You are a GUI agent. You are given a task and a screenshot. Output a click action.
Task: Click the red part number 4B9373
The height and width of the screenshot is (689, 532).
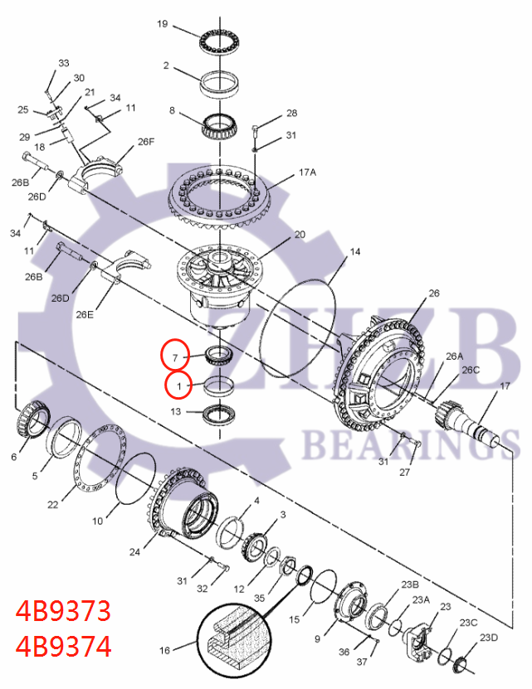(63, 611)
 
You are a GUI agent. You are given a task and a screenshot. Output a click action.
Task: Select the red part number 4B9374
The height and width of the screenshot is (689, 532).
(63, 645)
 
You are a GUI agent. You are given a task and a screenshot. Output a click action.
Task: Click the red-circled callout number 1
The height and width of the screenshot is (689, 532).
(178, 386)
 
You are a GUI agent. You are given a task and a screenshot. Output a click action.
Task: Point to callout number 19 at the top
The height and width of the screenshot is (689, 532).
(163, 24)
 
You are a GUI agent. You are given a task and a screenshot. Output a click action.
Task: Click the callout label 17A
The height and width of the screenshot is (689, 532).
(307, 173)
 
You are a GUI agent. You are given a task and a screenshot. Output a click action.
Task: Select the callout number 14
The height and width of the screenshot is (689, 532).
(354, 251)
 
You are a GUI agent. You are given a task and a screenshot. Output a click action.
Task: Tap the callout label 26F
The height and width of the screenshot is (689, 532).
(146, 142)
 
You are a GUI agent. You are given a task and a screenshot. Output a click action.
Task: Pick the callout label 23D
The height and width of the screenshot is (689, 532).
(490, 637)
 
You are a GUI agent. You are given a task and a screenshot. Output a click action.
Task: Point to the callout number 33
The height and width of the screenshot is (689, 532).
(64, 63)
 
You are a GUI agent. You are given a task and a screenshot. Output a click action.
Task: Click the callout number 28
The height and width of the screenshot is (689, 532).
(291, 113)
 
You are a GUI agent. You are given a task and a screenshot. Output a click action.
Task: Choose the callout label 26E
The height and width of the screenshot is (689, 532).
(85, 314)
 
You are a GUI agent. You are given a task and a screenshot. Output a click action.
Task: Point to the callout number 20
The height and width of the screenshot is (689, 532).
(300, 235)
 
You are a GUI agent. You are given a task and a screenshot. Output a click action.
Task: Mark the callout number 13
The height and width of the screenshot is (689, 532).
(175, 411)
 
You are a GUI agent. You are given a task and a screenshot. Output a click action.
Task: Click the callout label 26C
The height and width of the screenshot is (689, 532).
(471, 370)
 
